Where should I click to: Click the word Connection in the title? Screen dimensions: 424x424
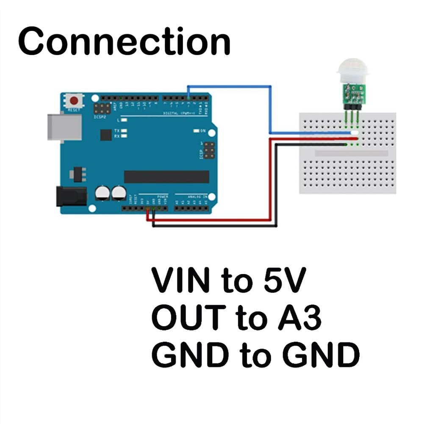[x=124, y=41]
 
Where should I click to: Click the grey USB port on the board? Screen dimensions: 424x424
[x=64, y=127]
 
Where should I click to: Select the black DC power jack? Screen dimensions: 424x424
[x=71, y=197]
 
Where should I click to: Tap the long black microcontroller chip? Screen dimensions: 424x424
[x=166, y=177]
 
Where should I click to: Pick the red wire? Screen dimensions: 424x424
[x=270, y=178]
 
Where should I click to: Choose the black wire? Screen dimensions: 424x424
[x=276, y=186]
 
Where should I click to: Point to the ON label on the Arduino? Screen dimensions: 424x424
[x=202, y=131]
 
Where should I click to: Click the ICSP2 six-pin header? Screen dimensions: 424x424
[x=102, y=108]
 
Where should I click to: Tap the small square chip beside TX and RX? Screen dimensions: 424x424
[x=106, y=135]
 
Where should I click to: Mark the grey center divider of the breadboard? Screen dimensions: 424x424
[x=351, y=153]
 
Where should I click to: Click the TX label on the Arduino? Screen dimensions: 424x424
[x=117, y=131]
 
